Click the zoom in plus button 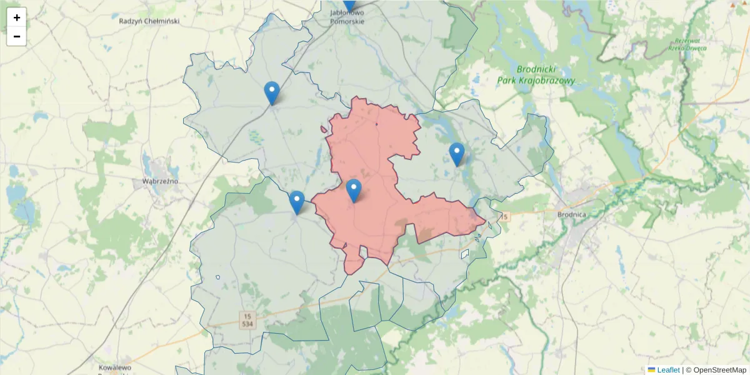click(17, 17)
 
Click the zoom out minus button click(17, 36)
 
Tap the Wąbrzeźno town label click(156, 181)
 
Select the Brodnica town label click(571, 214)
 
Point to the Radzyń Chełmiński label click(149, 21)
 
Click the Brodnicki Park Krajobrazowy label click(536, 75)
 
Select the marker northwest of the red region click(272, 93)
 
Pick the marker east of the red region click(457, 154)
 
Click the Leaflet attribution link click(668, 370)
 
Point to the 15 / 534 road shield click(248, 320)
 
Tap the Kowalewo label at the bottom click(114, 367)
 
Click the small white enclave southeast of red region click(465, 254)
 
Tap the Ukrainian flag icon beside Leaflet click(651, 370)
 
